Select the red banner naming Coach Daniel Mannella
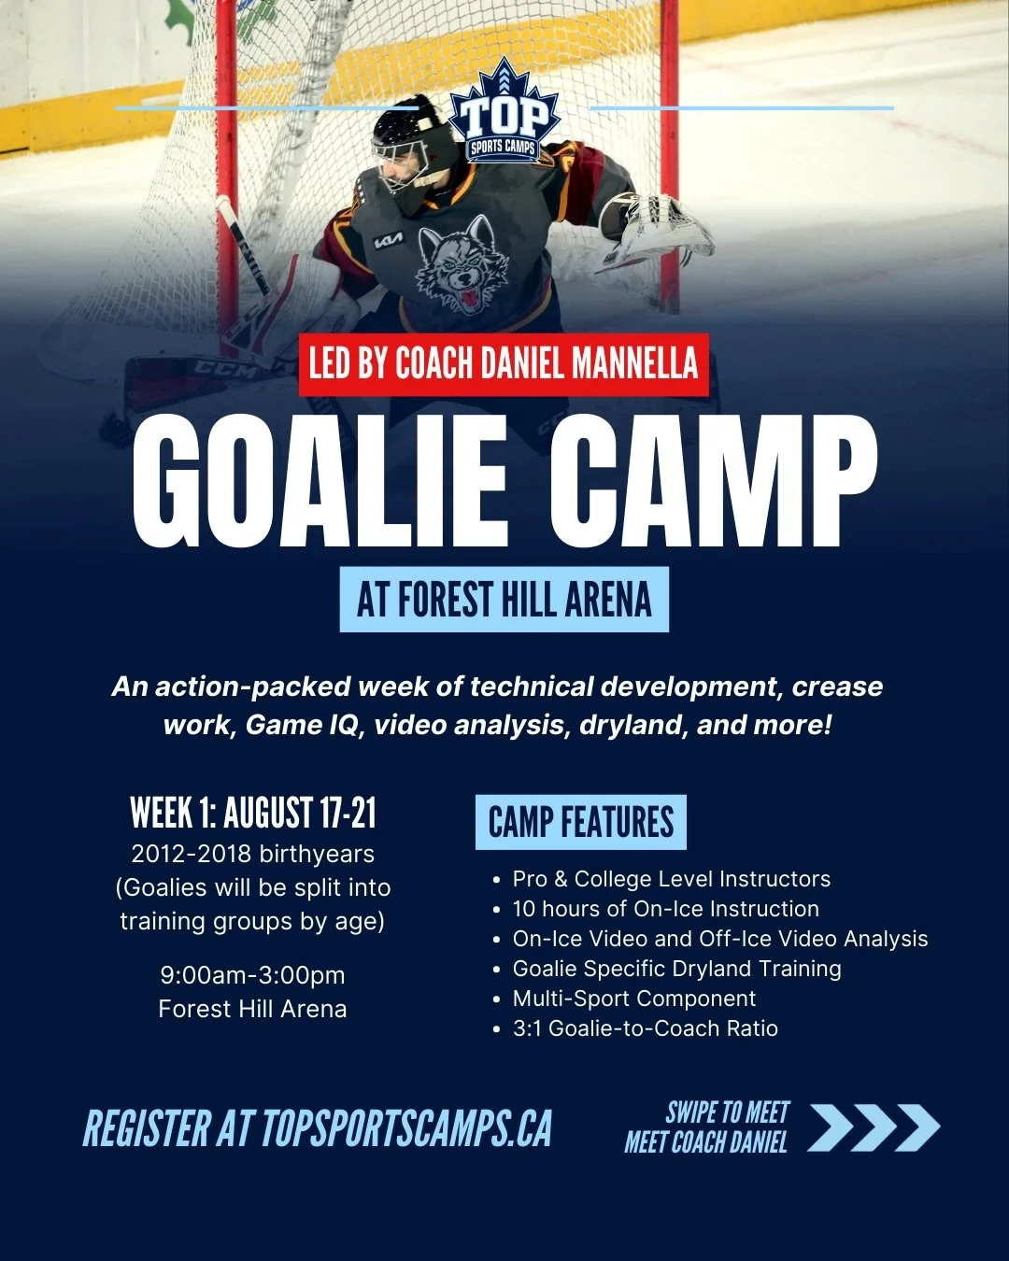coord(504,364)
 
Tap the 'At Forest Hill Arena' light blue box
coord(504,600)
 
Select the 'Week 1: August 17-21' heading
coord(253,813)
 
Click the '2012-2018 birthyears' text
coord(253,854)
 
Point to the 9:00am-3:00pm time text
coord(253,975)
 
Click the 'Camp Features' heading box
coord(580,823)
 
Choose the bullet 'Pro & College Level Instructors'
coord(671,879)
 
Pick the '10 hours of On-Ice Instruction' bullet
coord(665,909)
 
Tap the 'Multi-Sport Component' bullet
coord(633,999)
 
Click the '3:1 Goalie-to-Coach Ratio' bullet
coord(645,1028)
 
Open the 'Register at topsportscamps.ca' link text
coord(318,1128)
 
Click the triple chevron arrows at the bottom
coord(873,1127)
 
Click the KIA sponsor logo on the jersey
coord(389,243)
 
